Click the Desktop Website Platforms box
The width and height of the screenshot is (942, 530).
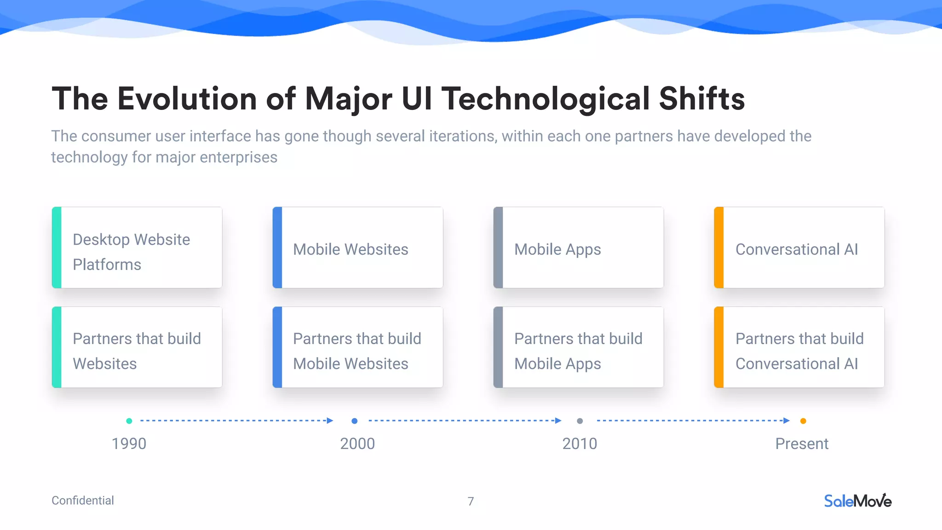pos(137,248)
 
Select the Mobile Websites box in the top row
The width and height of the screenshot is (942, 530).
pos(358,248)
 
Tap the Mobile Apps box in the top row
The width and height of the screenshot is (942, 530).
pos(579,248)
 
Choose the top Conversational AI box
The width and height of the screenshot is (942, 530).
pos(799,248)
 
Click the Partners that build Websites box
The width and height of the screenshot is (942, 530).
pos(137,347)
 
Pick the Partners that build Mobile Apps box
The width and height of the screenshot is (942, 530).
pos(579,347)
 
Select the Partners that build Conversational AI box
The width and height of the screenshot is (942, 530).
pos(799,347)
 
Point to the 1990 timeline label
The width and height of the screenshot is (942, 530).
pos(129,444)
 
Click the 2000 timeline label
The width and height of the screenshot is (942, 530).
pos(357,444)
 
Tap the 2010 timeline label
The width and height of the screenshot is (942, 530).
pos(580,444)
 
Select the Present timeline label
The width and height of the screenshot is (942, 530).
pos(802,444)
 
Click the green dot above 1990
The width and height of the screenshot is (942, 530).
pos(129,421)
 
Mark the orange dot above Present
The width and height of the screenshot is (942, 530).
pos(803,421)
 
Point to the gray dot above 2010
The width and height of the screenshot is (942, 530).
pos(580,421)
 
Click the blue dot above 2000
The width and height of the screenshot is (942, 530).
pos(354,421)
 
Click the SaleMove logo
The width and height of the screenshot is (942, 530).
pos(857,501)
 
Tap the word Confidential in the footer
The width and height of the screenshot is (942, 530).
pos(83,501)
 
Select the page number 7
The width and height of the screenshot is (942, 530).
pos(471,501)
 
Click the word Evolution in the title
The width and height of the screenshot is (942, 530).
pos(187,98)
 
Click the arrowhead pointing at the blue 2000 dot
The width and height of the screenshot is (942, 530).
pos(330,421)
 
